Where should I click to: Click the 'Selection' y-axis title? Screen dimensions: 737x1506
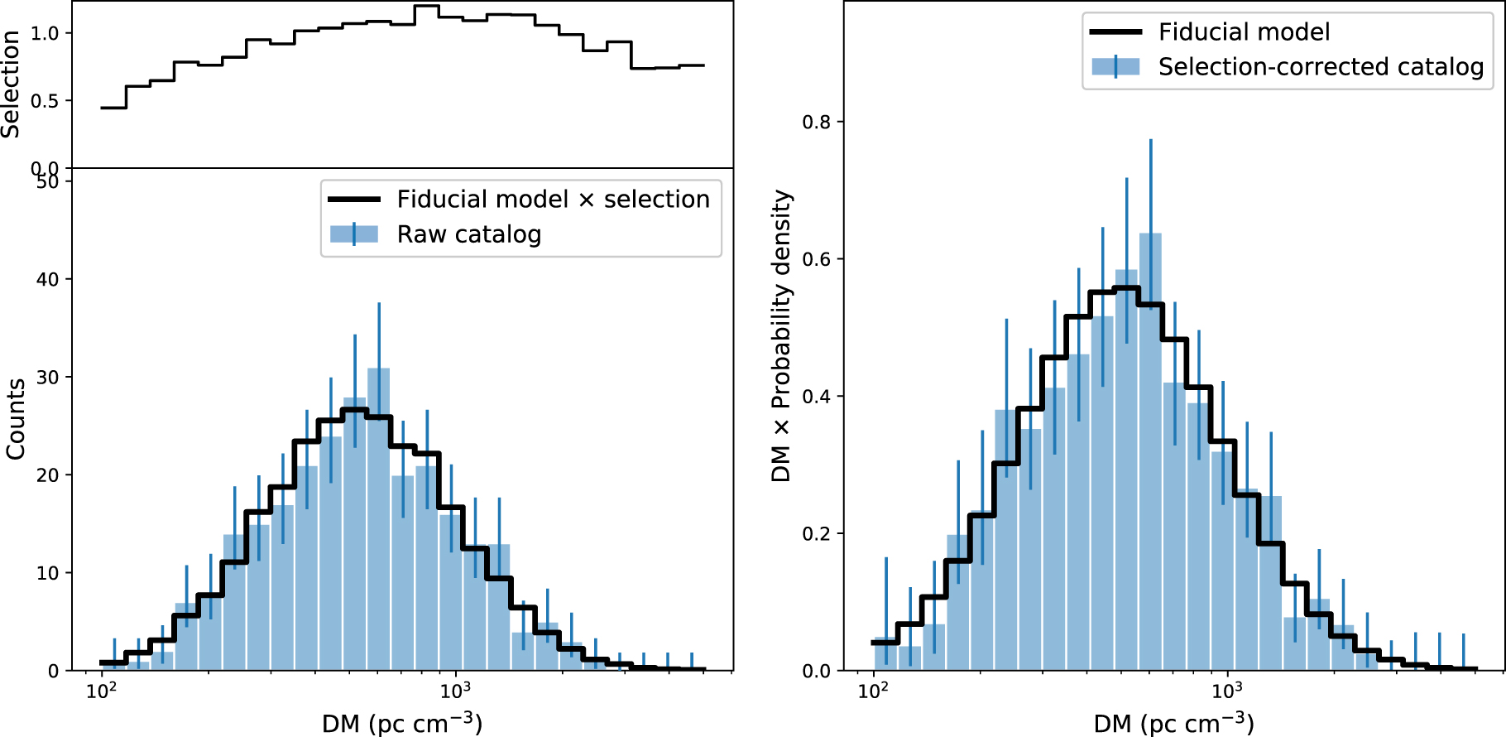pyautogui.click(x=11, y=84)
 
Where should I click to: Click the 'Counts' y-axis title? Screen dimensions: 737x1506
pyautogui.click(x=16, y=419)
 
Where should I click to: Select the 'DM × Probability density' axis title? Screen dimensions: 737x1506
pyautogui.click(x=781, y=336)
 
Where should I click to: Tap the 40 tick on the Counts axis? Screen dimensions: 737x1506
pyautogui.click(x=48, y=280)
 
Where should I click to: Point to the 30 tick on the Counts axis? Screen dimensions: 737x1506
pyautogui.click(x=48, y=378)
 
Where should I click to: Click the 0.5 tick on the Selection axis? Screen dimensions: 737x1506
pyautogui.click(x=45, y=101)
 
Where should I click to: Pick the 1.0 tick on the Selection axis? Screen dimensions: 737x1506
pyautogui.click(x=45, y=33)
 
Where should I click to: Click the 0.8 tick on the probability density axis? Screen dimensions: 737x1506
pyautogui.click(x=816, y=123)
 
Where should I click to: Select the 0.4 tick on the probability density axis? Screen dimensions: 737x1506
pyautogui.click(x=816, y=397)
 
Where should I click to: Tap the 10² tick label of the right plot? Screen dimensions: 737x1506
pyautogui.click(x=873, y=689)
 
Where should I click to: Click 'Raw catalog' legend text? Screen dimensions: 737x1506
pyautogui.click(x=468, y=234)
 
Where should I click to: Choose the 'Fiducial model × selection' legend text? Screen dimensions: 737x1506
pyautogui.click(x=553, y=200)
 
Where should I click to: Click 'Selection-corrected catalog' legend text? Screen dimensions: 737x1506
pyautogui.click(x=1321, y=67)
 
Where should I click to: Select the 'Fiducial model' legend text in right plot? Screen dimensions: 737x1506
pyautogui.click(x=1244, y=32)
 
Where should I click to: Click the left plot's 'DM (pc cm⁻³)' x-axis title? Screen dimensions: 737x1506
pyautogui.click(x=402, y=723)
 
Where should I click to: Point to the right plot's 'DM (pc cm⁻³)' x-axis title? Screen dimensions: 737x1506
pyautogui.click(x=1173, y=723)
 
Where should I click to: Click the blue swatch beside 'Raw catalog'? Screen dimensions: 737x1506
pyautogui.click(x=354, y=234)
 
